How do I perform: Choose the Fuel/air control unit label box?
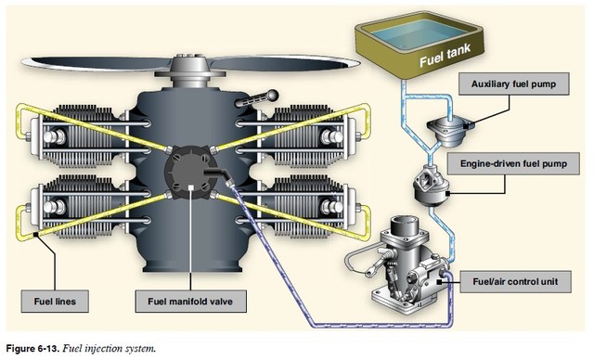521,283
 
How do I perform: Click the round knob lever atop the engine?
273,93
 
